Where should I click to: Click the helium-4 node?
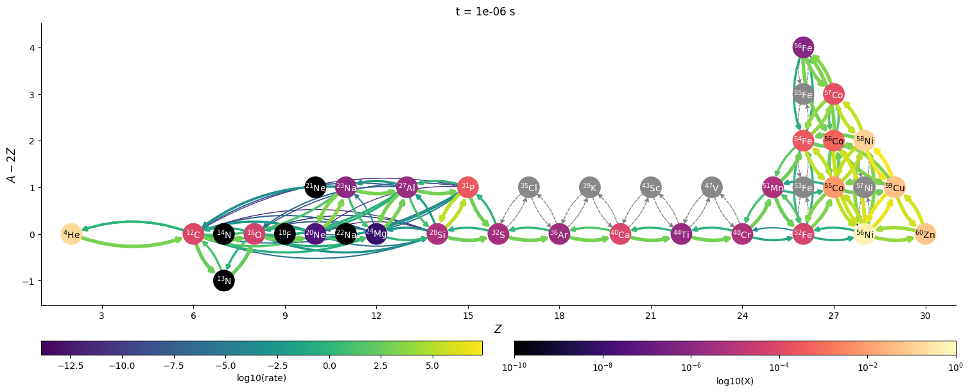[71, 234]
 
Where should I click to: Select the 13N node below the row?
[224, 280]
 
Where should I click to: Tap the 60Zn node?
[925, 234]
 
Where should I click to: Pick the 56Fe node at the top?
[803, 47]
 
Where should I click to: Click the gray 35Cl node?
[528, 187]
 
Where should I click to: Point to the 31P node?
[468, 187]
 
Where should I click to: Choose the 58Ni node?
[864, 141]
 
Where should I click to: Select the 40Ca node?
[620, 234]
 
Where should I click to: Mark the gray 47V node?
[712, 187]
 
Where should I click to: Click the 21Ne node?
[315, 187]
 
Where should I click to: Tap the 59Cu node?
[894, 187]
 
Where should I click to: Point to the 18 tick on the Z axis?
[559, 316]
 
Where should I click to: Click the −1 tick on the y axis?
[28, 281]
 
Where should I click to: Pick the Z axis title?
[498, 330]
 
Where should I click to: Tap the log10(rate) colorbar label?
[261, 379]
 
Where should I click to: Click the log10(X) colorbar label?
[735, 381]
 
